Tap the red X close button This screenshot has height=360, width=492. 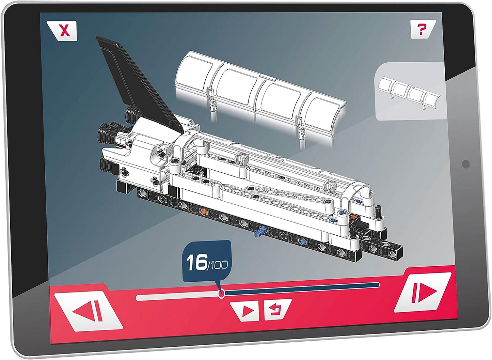point(62,31)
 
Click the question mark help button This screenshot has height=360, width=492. point(423,29)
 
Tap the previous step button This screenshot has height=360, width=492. point(88,311)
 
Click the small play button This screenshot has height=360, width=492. point(245,311)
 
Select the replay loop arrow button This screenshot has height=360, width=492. point(277,310)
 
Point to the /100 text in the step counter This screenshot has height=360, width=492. point(218,265)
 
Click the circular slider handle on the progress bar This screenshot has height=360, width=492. point(221,293)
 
